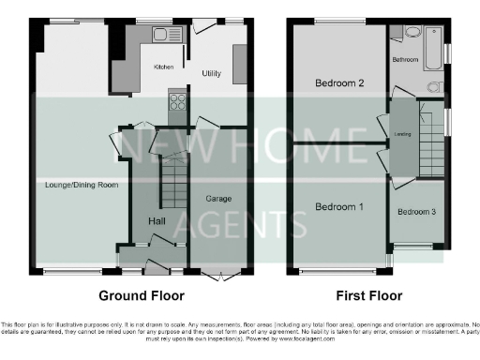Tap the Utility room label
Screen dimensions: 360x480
pyautogui.click(x=212, y=72)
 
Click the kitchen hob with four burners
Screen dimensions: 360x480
pyautogui.click(x=176, y=100)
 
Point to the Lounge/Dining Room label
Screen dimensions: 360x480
pyautogui.click(x=82, y=186)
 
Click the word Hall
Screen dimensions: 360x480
pyautogui.click(x=157, y=220)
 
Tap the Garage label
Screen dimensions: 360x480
pyautogui.click(x=219, y=199)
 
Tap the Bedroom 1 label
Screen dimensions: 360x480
pyautogui.click(x=338, y=206)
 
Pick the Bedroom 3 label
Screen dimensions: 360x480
pyautogui.click(x=416, y=212)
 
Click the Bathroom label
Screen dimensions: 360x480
pyautogui.click(x=405, y=60)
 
